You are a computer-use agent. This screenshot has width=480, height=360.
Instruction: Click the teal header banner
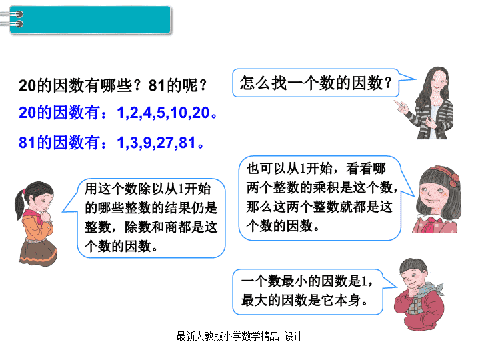90,19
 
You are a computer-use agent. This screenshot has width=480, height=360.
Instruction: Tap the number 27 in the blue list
165,143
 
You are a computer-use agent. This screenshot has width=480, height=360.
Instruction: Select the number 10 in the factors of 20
179,113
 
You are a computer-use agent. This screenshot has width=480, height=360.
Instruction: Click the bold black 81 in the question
157,85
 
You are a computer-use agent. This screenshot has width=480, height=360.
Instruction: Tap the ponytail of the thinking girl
19,204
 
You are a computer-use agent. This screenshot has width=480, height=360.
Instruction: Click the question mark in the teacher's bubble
388,83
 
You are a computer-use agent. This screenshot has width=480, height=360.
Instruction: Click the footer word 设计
293,336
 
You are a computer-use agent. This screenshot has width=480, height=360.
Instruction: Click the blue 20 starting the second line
27,113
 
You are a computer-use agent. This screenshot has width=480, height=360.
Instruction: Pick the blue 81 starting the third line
27,143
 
